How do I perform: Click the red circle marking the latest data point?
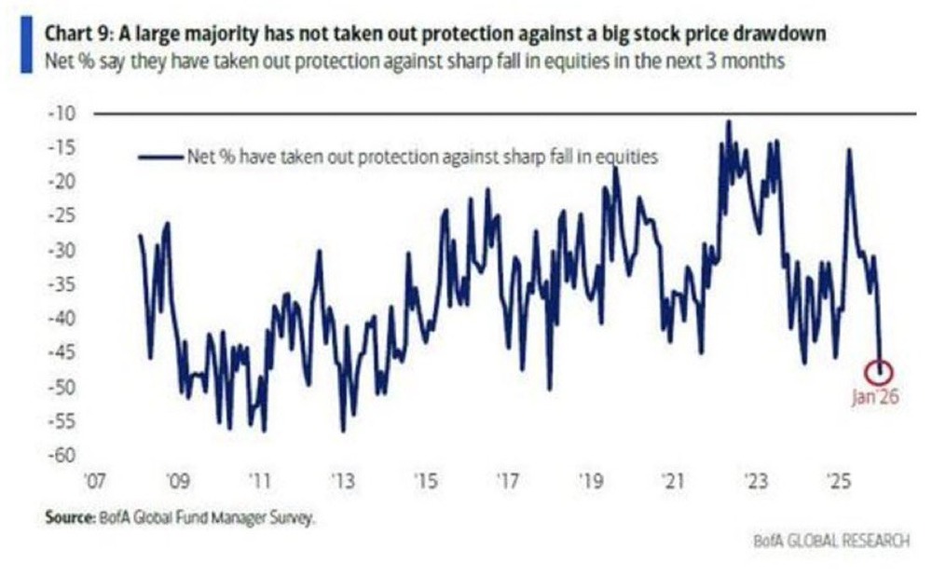877,371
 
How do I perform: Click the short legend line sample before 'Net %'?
159,158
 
